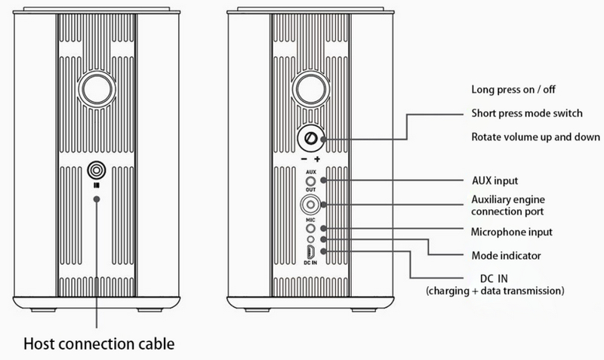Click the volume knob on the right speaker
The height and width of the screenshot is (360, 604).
310,139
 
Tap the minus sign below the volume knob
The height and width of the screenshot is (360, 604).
301,161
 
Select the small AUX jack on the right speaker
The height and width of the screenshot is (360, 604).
310,182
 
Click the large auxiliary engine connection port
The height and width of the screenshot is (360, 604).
310,204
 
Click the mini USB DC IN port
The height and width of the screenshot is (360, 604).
310,251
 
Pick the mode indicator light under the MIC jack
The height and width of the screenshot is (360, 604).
310,239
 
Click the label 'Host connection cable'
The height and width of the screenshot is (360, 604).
100,344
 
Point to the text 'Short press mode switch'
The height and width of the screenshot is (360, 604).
526,112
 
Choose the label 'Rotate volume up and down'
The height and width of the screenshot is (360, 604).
535,137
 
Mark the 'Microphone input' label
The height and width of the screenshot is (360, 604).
512,231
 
